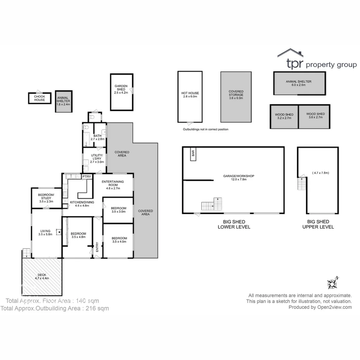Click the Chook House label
(39, 98)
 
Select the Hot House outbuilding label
(190, 95)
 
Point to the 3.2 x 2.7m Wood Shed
(284, 116)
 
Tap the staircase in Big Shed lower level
(212, 204)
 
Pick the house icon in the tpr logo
(290, 53)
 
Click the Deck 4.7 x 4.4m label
(42, 276)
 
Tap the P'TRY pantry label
(87, 177)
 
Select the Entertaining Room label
(113, 185)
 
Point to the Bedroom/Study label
(46, 198)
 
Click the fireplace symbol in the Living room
(59, 231)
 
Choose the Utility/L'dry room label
(97, 159)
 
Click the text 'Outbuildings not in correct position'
(205, 129)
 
